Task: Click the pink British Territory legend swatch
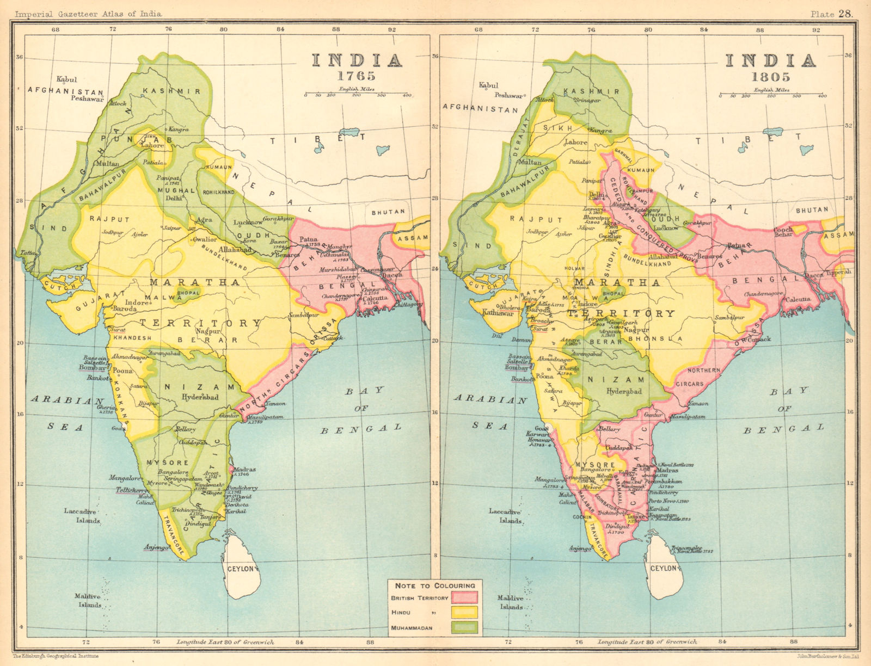[464, 597]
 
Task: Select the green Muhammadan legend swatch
[464, 628]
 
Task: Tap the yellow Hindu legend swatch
[464, 613]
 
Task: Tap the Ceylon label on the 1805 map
[663, 568]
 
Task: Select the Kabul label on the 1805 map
[488, 85]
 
